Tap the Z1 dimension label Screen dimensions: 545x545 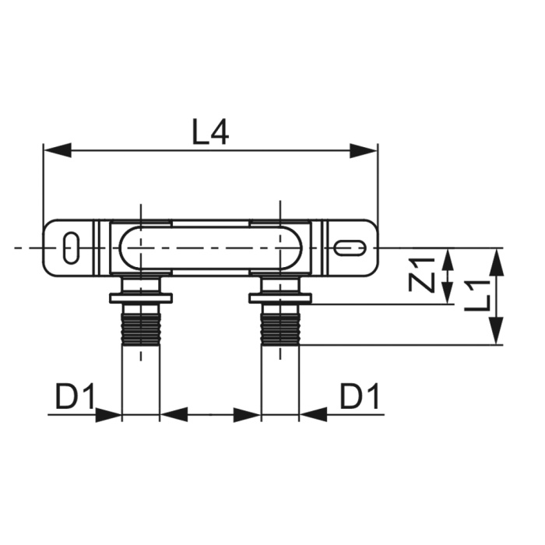(x=422, y=275)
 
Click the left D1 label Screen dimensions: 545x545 (x=75, y=396)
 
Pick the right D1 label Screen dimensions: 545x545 (x=360, y=396)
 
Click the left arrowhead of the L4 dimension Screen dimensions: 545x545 (x=58, y=151)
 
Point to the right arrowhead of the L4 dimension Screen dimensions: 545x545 (x=364, y=151)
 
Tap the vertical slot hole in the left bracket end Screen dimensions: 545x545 (x=72, y=248)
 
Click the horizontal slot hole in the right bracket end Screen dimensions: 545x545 (x=350, y=248)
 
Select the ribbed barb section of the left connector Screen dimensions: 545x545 (x=141, y=329)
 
